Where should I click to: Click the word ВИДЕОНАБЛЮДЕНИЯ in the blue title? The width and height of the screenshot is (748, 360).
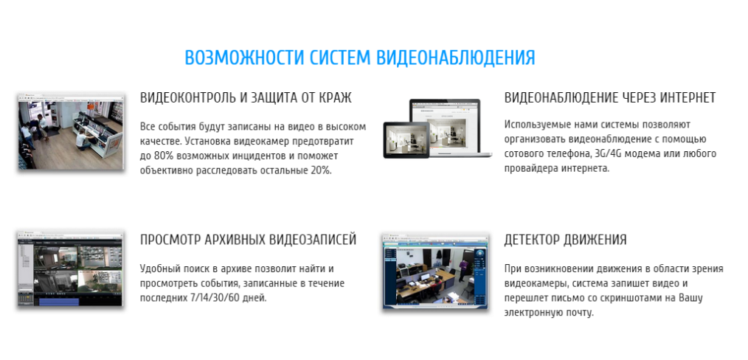point(456,58)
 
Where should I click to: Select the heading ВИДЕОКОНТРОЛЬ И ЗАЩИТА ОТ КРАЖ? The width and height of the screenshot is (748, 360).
point(246,98)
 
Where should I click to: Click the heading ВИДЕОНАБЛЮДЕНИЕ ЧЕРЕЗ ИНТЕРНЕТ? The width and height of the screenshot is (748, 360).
point(610,98)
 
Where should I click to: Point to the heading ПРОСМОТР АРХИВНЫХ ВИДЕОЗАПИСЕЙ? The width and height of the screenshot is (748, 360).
point(248,239)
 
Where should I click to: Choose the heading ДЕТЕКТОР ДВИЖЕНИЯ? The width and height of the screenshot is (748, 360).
point(565,239)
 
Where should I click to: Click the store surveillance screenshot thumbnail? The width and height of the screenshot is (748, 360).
point(71,131)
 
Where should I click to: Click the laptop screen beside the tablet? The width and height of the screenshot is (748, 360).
point(445,126)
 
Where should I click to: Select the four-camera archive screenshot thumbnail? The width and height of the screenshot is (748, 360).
point(70,269)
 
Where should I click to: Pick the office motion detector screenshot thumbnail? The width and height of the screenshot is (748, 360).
point(435,271)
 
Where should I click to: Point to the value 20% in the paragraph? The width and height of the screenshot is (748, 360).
point(321,170)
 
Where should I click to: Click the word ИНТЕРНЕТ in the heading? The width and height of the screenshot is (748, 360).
point(688,98)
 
